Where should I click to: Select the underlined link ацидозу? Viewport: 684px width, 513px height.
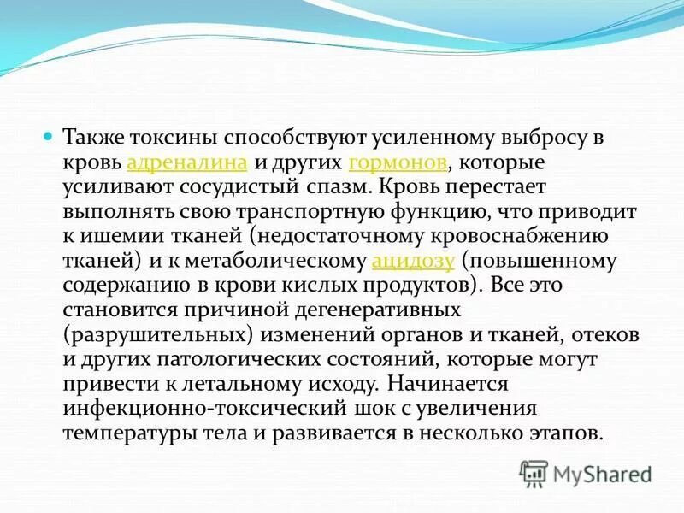click(x=414, y=261)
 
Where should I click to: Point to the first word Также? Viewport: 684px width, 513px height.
click(x=96, y=138)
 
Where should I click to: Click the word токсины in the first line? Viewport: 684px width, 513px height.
click(x=176, y=138)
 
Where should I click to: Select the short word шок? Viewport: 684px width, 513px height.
click(x=361, y=407)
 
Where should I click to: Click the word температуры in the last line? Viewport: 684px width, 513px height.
click(x=127, y=432)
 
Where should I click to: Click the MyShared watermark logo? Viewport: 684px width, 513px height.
click(x=585, y=473)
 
